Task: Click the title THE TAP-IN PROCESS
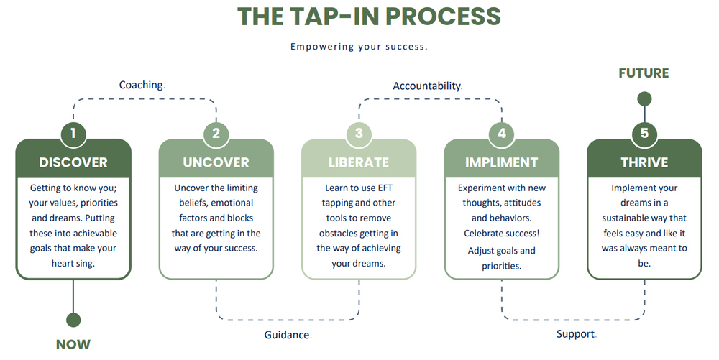coord(369,16)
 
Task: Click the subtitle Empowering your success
coord(359,47)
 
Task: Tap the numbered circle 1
coord(73,133)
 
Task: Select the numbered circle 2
coord(216,133)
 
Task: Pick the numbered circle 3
coord(359,133)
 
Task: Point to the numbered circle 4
coord(502,133)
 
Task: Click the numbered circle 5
coord(644,133)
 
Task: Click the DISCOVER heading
coord(73,162)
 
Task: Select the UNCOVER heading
coord(216,162)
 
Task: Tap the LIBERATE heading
coord(359,162)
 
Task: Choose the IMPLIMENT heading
coord(501,162)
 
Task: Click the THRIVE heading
coord(644,162)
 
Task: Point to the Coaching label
coord(141,85)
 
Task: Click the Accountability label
coord(426,86)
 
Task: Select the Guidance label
coord(287,335)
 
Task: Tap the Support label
coord(575,334)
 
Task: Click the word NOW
coord(73,344)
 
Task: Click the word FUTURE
coord(644,73)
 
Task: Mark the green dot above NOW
coord(73,320)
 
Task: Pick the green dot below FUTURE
coord(644,98)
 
